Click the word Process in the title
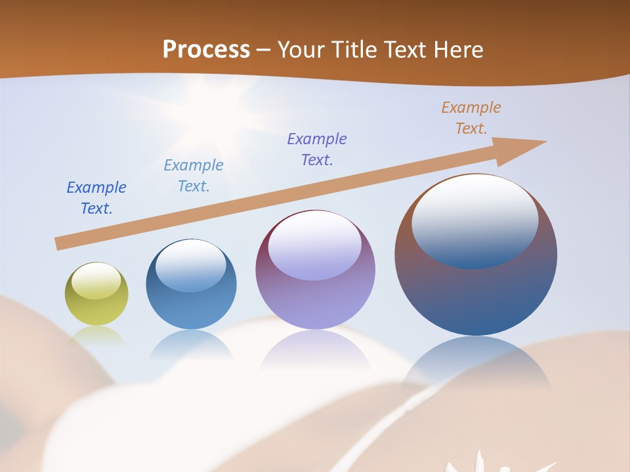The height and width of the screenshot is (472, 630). click(x=206, y=50)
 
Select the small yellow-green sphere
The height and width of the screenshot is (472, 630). click(x=96, y=294)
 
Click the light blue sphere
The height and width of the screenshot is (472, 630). click(x=191, y=285)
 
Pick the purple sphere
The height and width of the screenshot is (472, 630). click(x=315, y=270)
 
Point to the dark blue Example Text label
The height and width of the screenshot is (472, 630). click(x=96, y=198)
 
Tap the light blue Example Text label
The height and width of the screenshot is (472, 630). click(x=194, y=176)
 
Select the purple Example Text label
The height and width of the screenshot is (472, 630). click(x=317, y=149)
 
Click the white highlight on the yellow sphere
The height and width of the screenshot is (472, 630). click(x=96, y=281)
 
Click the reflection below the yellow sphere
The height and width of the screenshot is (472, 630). click(x=96, y=336)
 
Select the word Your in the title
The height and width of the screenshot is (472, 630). click(x=301, y=50)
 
